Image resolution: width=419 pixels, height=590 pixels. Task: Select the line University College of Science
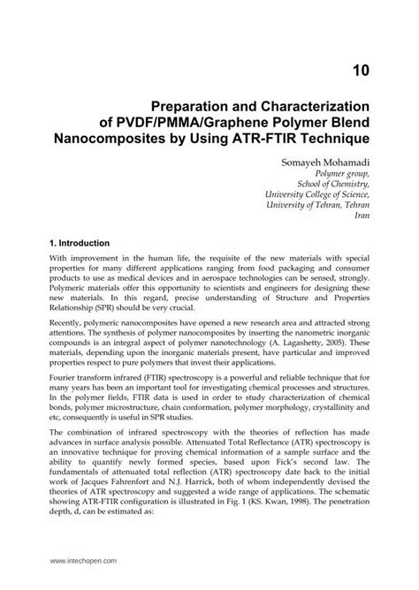click(321, 203)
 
